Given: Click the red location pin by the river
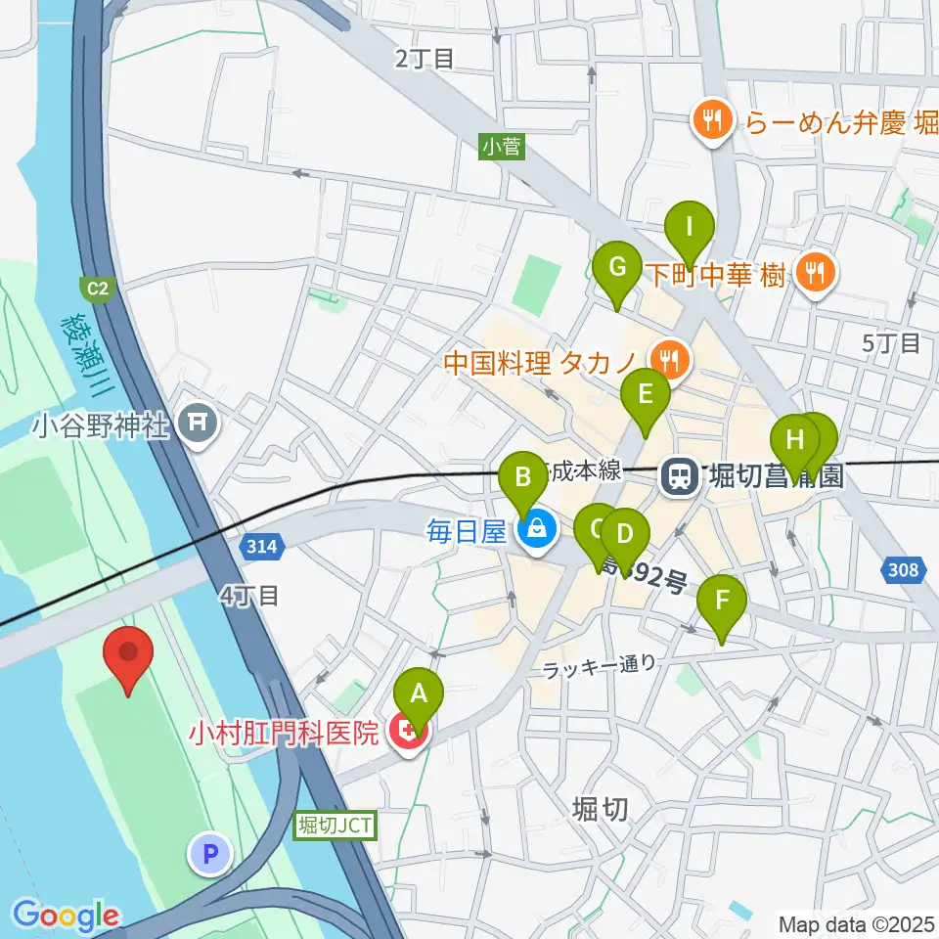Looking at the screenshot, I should pos(128,656).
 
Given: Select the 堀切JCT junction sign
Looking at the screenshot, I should pos(334,826).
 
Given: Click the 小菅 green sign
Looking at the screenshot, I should pos(503,147).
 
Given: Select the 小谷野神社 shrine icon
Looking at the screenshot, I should pos(199,423).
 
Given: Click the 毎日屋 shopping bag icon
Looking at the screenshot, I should pos(536,531).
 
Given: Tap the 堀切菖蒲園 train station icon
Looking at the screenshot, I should pos(678,475).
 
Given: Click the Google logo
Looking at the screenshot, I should pos(66,916).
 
